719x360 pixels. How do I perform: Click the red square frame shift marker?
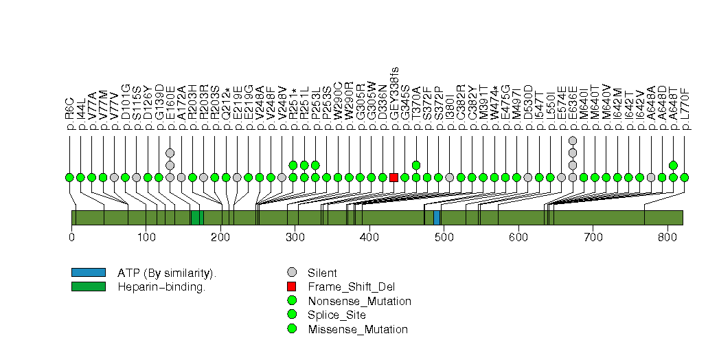click(x=393, y=177)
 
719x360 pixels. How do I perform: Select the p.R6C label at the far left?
click(x=69, y=113)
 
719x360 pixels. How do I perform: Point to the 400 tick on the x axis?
click(x=369, y=238)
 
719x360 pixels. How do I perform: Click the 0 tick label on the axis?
click(x=71, y=238)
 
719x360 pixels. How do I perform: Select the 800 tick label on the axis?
click(x=667, y=238)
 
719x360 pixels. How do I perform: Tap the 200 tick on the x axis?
click(x=220, y=238)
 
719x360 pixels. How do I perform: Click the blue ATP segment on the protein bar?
click(x=437, y=218)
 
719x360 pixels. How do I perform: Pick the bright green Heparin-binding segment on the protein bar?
click(x=196, y=218)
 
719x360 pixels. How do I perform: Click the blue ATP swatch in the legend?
click(x=88, y=273)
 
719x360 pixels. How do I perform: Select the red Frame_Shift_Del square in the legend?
click(x=293, y=286)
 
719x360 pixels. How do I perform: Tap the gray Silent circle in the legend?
click(x=293, y=273)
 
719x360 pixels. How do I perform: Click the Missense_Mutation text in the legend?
click(x=358, y=329)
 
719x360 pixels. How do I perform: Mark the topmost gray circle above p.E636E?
click(x=573, y=140)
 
